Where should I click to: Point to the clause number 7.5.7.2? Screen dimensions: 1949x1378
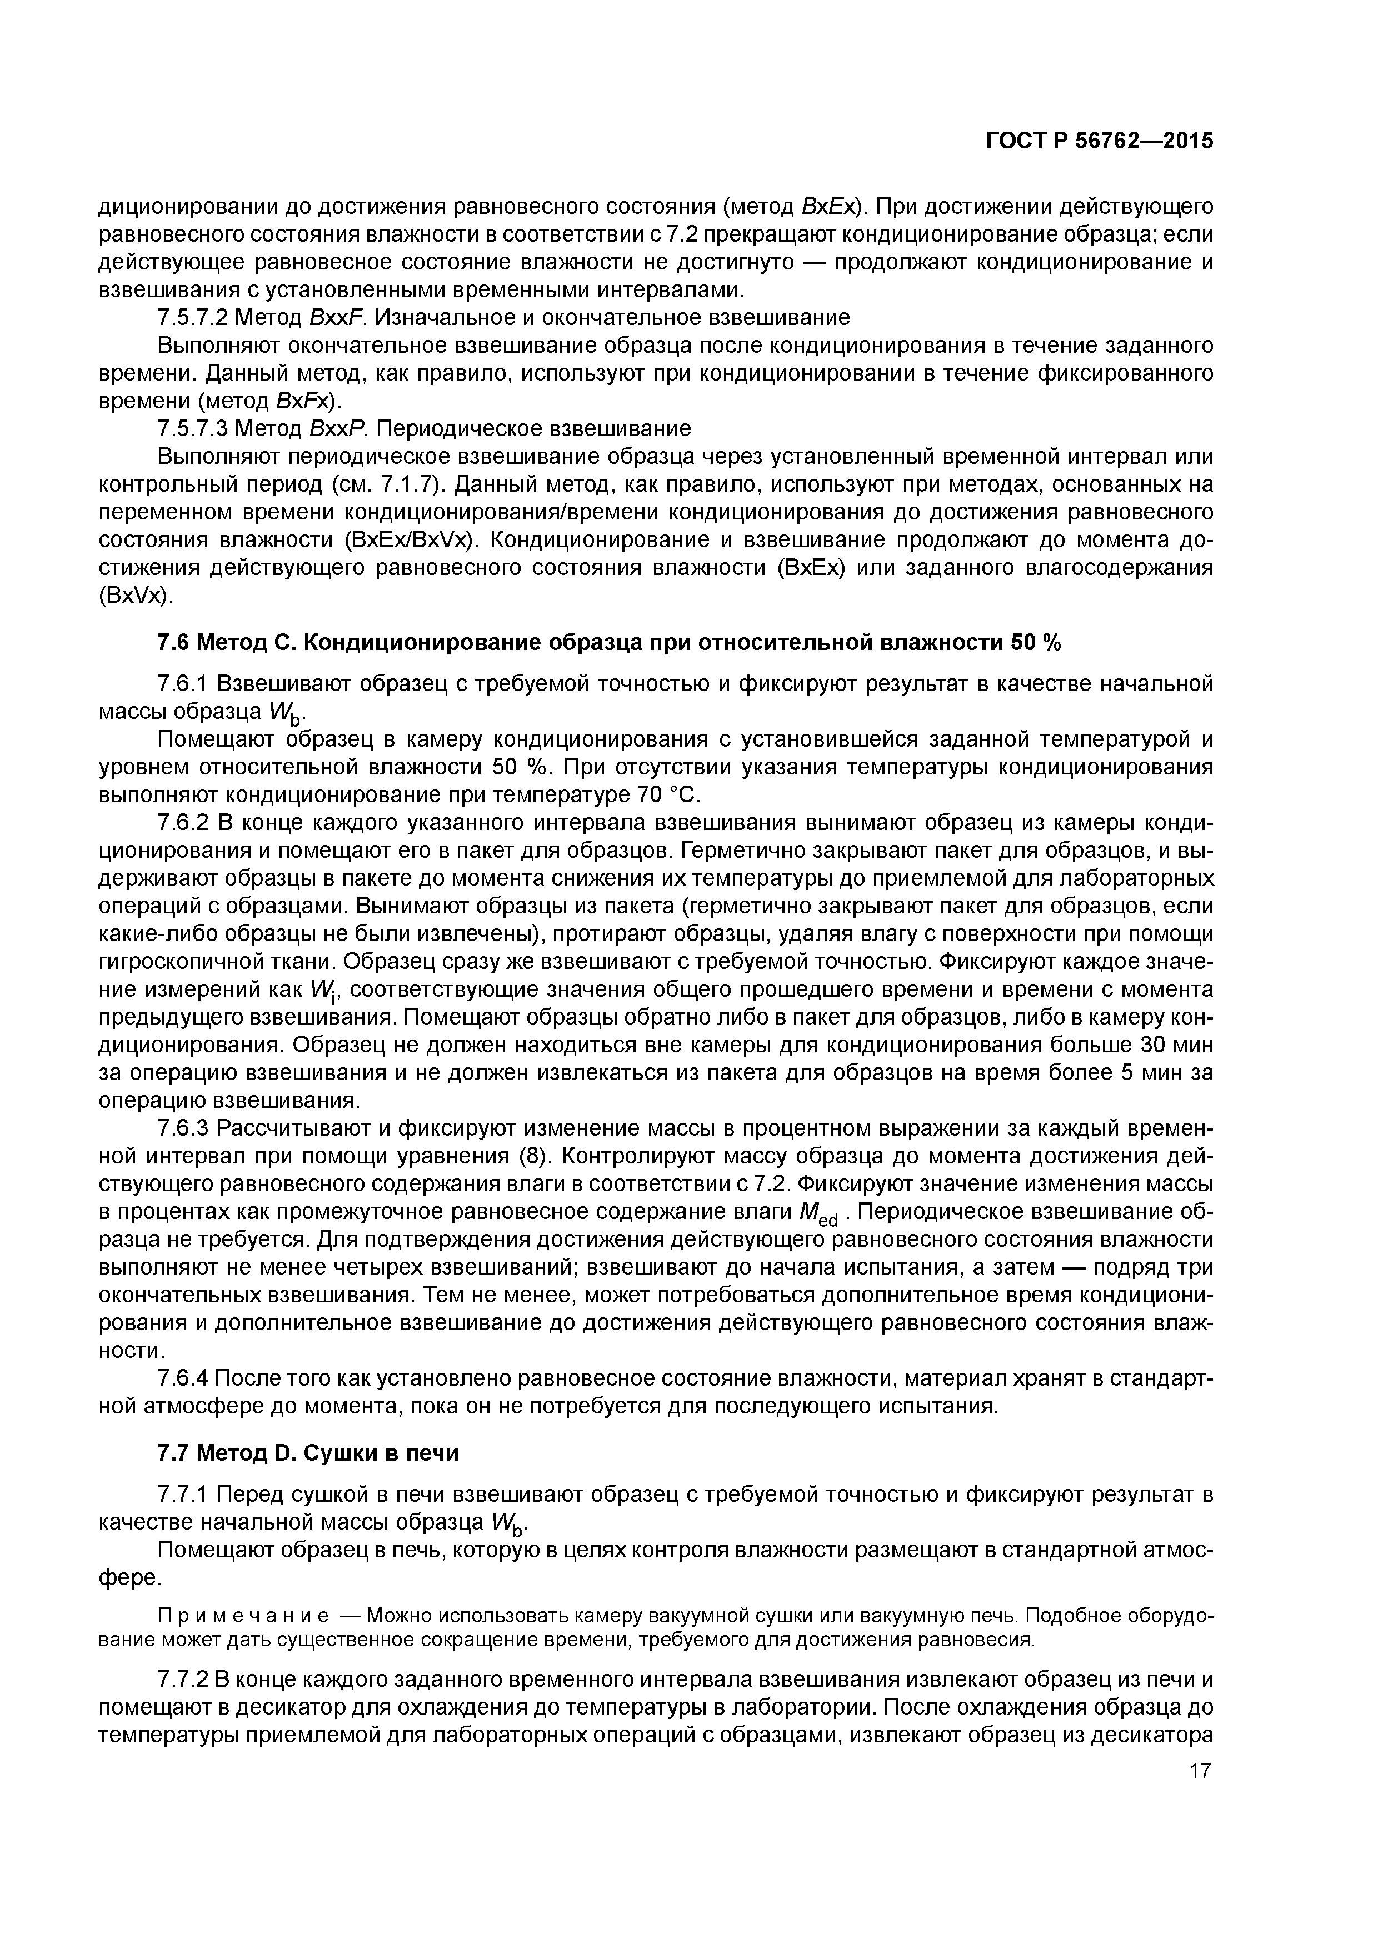click(193, 317)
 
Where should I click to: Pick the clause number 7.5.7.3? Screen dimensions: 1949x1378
click(193, 428)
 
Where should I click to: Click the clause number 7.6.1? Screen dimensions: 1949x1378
click(183, 683)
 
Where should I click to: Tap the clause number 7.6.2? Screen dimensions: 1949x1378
click(183, 823)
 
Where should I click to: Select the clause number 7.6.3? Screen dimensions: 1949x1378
click(183, 1128)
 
